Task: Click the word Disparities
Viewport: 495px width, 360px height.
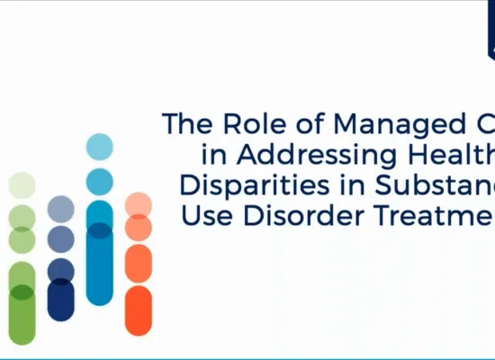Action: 245,186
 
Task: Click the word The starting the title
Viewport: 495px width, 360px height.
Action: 180,123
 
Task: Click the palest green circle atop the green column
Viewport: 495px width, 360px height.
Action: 22,185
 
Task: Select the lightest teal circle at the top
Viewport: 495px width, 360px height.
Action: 100,147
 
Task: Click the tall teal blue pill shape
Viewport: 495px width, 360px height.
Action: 100,252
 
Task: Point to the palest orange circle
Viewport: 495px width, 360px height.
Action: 138,204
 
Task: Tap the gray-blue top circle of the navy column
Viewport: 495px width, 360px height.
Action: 60,209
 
